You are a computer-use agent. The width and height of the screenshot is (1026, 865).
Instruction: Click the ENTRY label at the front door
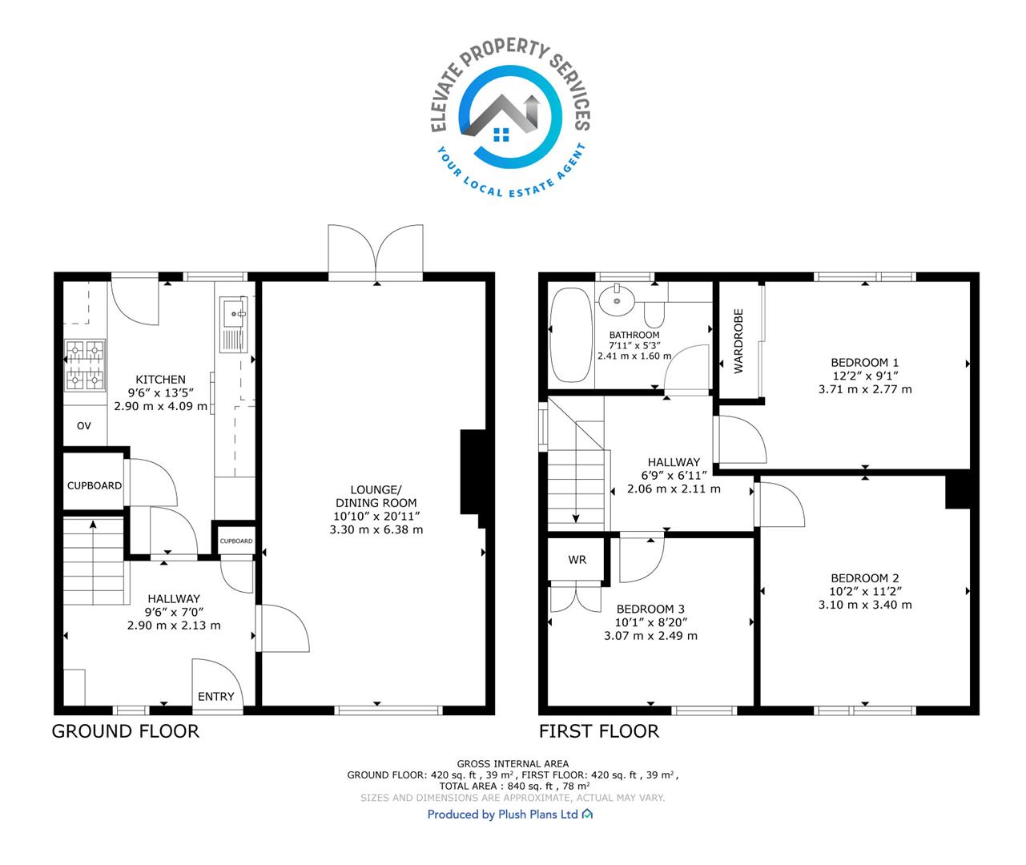click(215, 697)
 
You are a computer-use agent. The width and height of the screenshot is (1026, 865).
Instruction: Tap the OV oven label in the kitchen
click(84, 425)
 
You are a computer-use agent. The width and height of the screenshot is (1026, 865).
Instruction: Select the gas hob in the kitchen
click(85, 365)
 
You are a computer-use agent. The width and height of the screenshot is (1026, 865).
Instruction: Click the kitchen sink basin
click(233, 312)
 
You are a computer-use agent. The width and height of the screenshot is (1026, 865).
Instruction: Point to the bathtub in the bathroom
click(570, 335)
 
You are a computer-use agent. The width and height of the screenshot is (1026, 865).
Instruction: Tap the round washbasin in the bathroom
click(618, 300)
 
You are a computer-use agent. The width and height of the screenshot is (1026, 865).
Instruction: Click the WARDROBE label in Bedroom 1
click(738, 341)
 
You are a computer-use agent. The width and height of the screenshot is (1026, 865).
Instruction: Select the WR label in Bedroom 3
click(577, 560)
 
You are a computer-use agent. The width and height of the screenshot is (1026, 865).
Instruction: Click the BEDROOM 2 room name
click(864, 578)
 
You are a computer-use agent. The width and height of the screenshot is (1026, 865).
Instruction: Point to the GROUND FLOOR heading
click(125, 731)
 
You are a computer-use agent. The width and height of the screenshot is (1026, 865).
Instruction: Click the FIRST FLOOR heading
click(598, 731)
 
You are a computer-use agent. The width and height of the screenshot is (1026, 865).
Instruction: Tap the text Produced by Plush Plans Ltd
click(502, 815)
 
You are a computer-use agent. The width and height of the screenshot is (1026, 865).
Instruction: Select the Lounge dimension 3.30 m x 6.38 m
click(376, 529)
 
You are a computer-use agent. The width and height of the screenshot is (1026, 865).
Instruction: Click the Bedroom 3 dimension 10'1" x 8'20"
click(650, 622)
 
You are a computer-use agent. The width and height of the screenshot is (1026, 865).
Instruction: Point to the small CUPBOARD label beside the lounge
click(235, 541)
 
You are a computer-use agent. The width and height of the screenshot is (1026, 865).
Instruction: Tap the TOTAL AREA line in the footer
click(514, 786)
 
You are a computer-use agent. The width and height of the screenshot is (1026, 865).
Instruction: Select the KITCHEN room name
click(160, 380)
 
